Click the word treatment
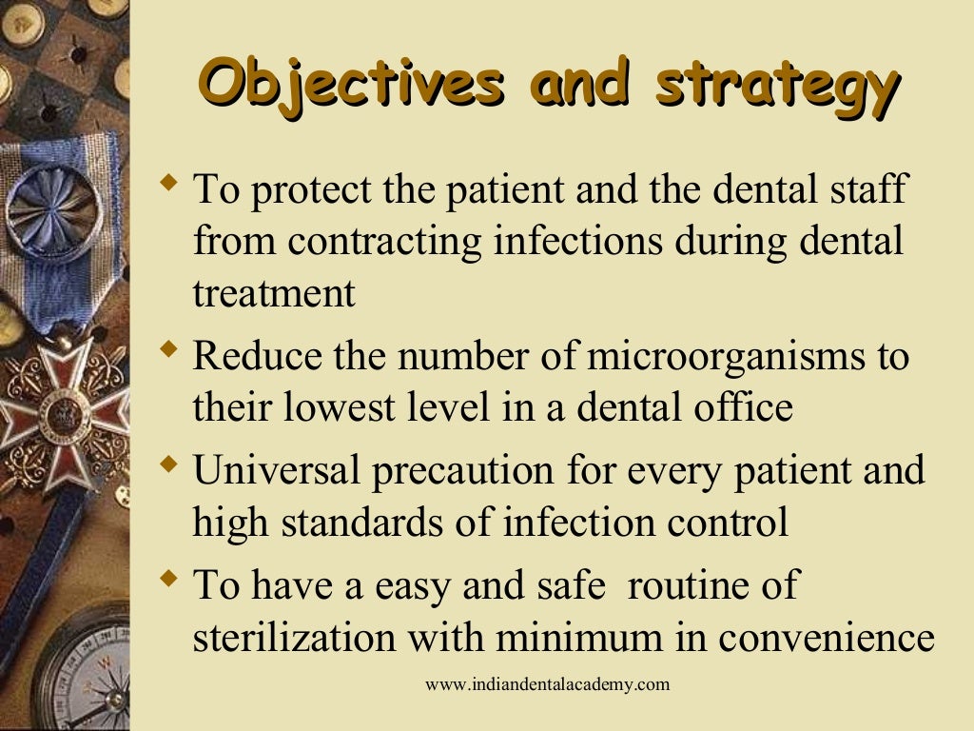[274, 294]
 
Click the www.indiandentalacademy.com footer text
[547, 684]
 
